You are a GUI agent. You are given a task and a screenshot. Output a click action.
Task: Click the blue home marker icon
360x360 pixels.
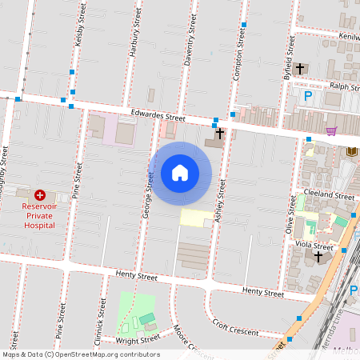pyautogui.click(x=180, y=173)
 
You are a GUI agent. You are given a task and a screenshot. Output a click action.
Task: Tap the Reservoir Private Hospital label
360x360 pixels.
pyautogui.click(x=38, y=215)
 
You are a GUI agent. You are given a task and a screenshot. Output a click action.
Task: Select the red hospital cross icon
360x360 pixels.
pyautogui.click(x=40, y=194)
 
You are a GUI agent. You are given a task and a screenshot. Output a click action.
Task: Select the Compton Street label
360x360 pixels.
pyautogui.click(x=238, y=52)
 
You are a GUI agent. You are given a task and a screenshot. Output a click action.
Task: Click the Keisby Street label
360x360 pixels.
pyautogui.click(x=79, y=34)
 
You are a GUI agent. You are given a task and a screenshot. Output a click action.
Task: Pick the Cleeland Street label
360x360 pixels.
pyautogui.click(x=334, y=195)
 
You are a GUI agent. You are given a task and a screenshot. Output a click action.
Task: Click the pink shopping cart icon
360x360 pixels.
pyautogui.click(x=330, y=131)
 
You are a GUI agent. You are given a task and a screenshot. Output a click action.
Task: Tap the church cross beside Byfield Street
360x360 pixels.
pyautogui.click(x=300, y=69)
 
